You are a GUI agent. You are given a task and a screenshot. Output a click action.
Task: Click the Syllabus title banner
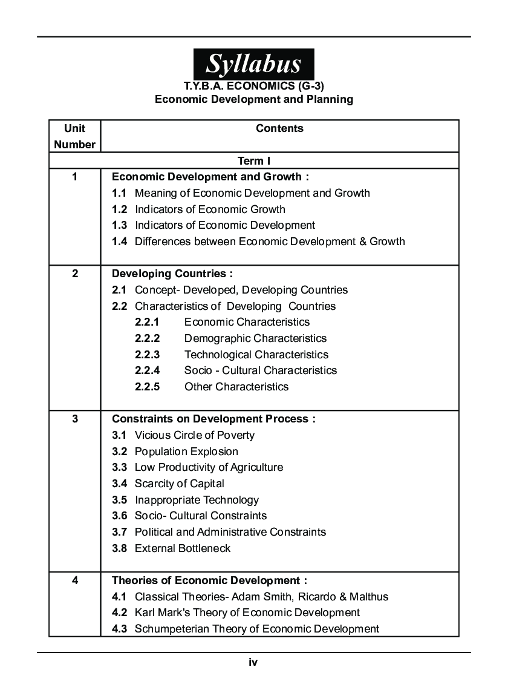253,64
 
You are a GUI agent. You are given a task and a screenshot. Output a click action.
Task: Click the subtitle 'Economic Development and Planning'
254,99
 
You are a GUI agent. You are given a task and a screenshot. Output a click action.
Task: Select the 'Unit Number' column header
74,136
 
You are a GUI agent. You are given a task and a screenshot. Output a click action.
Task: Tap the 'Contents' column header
279,128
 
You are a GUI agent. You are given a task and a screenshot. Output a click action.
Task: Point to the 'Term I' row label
254,160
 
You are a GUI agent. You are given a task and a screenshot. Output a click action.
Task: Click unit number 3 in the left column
74,419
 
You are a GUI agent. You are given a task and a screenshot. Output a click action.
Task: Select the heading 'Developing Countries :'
172,274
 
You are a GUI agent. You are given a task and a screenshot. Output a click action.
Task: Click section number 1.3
119,225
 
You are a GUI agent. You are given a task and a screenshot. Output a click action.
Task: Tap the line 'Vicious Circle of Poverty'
194,435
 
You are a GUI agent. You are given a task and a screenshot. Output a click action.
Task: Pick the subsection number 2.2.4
148,370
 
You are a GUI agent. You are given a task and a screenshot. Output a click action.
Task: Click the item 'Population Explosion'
186,452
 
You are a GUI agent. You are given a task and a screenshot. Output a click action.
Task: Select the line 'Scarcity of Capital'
179,484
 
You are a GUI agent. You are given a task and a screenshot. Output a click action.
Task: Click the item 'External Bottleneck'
182,548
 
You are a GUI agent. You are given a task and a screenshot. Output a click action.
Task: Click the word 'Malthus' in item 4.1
368,597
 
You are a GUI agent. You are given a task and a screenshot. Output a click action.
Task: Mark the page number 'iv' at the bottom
253,663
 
